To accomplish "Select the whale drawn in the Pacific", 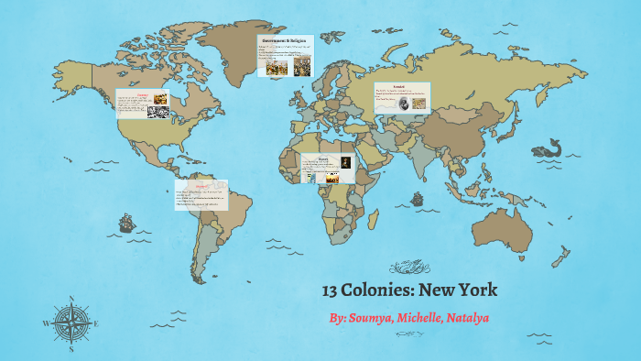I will coord(548,147).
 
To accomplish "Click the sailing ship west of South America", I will coord(125,223).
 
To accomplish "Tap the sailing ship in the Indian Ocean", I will coord(418,197).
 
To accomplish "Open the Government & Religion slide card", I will coord(285,57).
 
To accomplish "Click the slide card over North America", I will coord(143,104).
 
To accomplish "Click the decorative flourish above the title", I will coord(409,268).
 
